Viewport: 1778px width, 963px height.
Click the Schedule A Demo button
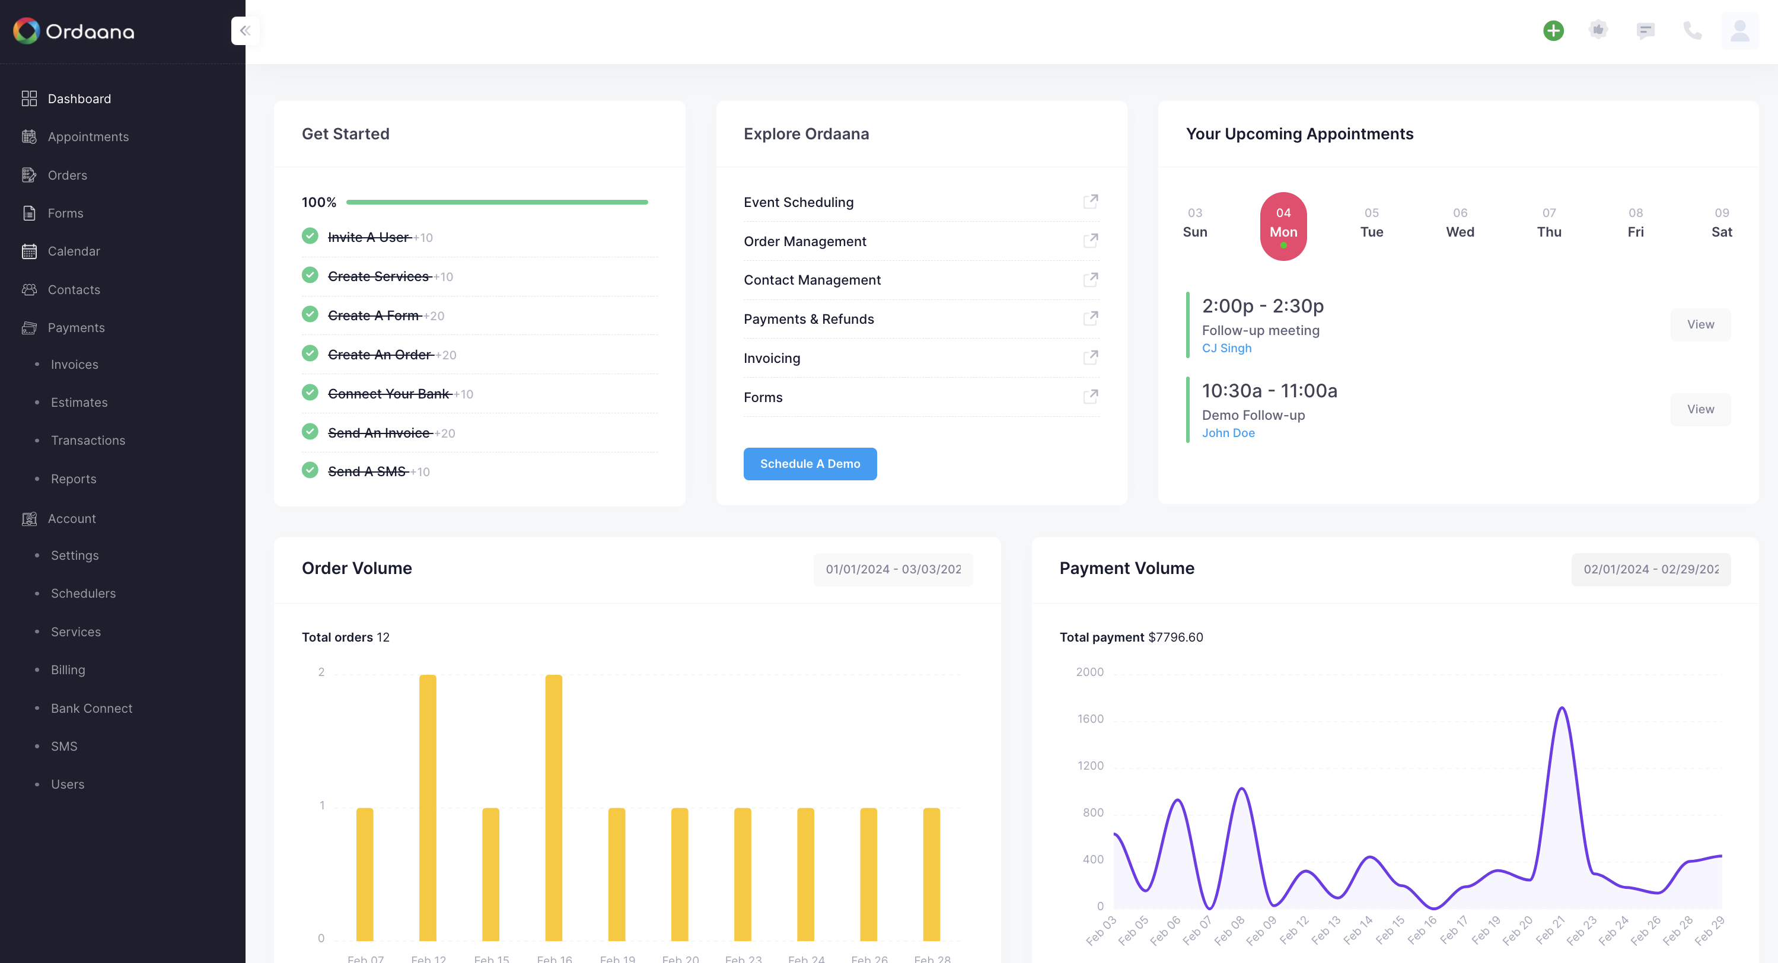pos(810,464)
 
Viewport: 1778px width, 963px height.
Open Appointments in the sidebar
pos(88,137)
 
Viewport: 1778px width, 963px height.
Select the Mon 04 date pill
pos(1283,226)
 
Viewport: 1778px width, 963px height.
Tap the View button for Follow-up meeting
pos(1700,324)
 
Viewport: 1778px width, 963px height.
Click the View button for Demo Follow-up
pos(1700,409)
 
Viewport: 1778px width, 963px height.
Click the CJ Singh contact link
pos(1226,348)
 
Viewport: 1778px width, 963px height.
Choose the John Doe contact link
pos(1228,433)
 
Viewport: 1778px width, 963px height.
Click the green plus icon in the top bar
pos(1553,30)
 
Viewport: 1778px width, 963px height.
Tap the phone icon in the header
pos(1692,30)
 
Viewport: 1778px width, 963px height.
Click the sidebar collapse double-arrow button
pos(245,30)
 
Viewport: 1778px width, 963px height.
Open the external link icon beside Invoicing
pos(1091,358)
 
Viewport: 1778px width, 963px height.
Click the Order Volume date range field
pos(893,569)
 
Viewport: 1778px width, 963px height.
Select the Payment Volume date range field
pos(1650,569)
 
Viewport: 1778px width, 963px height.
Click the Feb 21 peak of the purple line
pos(1562,709)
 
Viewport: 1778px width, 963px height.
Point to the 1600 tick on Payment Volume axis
pos(1090,719)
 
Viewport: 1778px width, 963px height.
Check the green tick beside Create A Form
pos(310,315)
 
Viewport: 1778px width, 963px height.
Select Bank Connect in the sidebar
pos(91,708)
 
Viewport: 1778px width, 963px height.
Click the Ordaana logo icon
pos(26,31)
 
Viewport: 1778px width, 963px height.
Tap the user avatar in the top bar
pos(1739,30)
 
